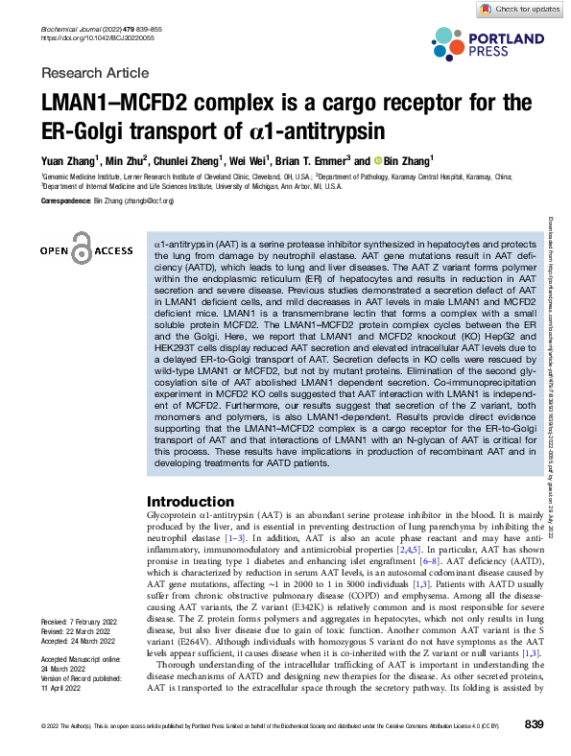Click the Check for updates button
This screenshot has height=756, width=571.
pos(519,9)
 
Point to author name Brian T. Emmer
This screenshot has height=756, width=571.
pos(312,161)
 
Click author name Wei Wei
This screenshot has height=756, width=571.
pos(253,161)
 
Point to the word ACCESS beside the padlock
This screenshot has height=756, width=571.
pos(113,250)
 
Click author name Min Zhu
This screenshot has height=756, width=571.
pos(126,161)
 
